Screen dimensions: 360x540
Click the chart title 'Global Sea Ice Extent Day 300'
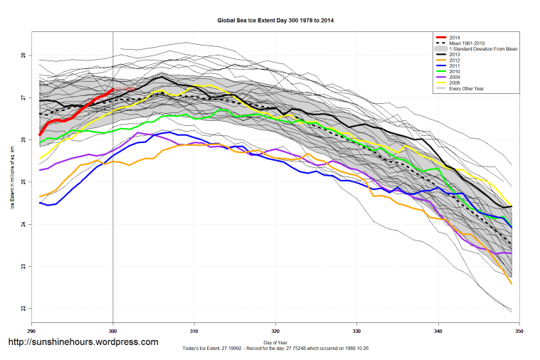pyautogui.click(x=275, y=21)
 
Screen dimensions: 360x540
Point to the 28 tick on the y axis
pyautogui.click(x=23, y=55)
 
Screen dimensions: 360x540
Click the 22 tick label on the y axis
pyautogui.click(x=23, y=309)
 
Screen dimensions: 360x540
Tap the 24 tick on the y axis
pyautogui.click(x=23, y=225)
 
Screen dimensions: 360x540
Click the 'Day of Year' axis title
pyautogui.click(x=275, y=342)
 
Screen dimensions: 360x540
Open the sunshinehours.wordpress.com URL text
pyautogui.click(x=83, y=342)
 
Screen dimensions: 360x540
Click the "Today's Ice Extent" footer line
pyautogui.click(x=275, y=348)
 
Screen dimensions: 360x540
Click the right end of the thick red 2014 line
pyautogui.click(x=113, y=89)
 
